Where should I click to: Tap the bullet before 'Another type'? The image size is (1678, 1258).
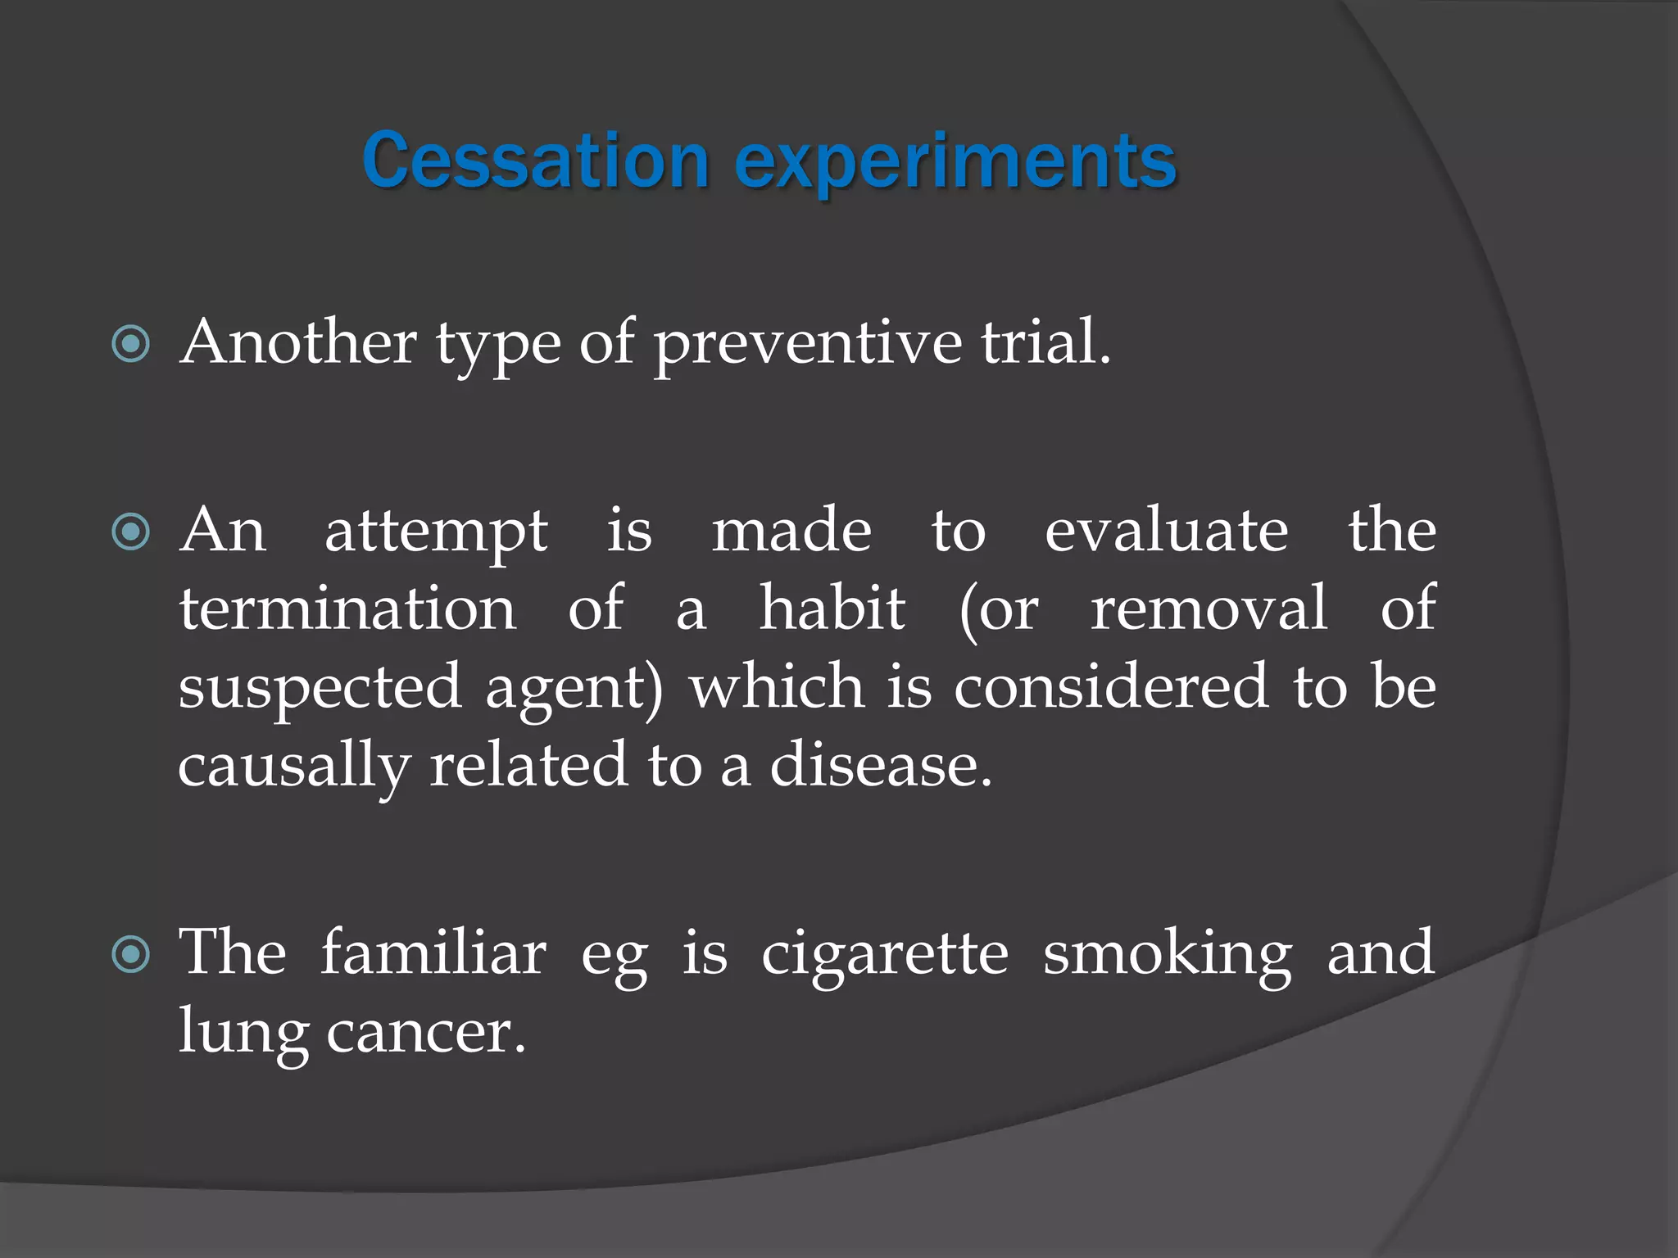pyautogui.click(x=131, y=344)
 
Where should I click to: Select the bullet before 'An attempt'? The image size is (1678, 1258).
pyautogui.click(x=131, y=532)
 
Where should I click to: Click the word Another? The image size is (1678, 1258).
pyautogui.click(x=299, y=342)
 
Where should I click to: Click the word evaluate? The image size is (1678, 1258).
pyautogui.click(x=1166, y=531)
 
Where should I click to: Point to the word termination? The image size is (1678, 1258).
pyautogui.click(x=348, y=609)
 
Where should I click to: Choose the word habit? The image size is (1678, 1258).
pyautogui.click(x=832, y=609)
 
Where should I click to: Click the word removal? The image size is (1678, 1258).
pyautogui.click(x=1209, y=609)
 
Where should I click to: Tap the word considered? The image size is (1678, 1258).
pyautogui.click(x=1112, y=686)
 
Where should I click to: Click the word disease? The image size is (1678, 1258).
pyautogui.click(x=880, y=765)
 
